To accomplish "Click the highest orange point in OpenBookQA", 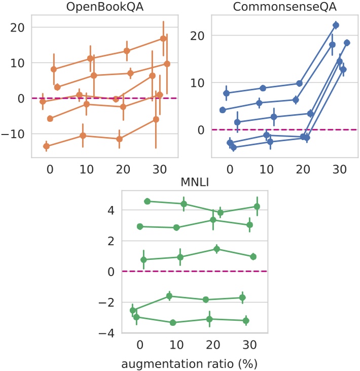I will coord(163,39).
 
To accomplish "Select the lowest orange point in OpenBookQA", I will coord(47,146).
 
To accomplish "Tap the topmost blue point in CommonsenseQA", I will coord(336,25).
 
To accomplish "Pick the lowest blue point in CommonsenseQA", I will coord(234,148).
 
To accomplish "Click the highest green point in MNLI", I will coord(148,201).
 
